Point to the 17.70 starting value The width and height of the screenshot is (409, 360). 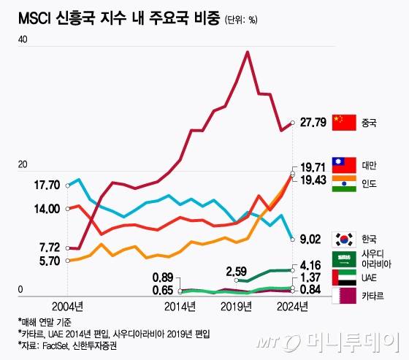coord(46,185)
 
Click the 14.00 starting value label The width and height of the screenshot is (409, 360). coord(46,209)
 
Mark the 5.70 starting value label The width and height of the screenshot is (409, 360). coord(46,261)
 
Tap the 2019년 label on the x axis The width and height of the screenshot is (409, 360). coord(235,305)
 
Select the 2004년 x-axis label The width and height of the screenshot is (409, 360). coord(66,305)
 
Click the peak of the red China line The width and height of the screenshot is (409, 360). coord(248,52)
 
